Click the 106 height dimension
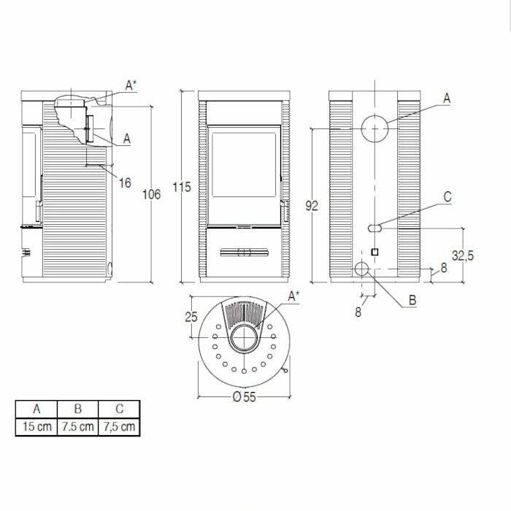tap(151, 194)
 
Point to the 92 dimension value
tap(312, 206)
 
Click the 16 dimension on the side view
tap(125, 182)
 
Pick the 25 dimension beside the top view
tap(192, 317)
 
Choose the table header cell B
tap(77, 409)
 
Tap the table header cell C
tap(119, 409)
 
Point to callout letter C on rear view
tap(447, 197)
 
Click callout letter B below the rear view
tap(412, 300)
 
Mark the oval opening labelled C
tap(374, 228)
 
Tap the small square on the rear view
tap(375, 252)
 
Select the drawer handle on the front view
tap(243, 253)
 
